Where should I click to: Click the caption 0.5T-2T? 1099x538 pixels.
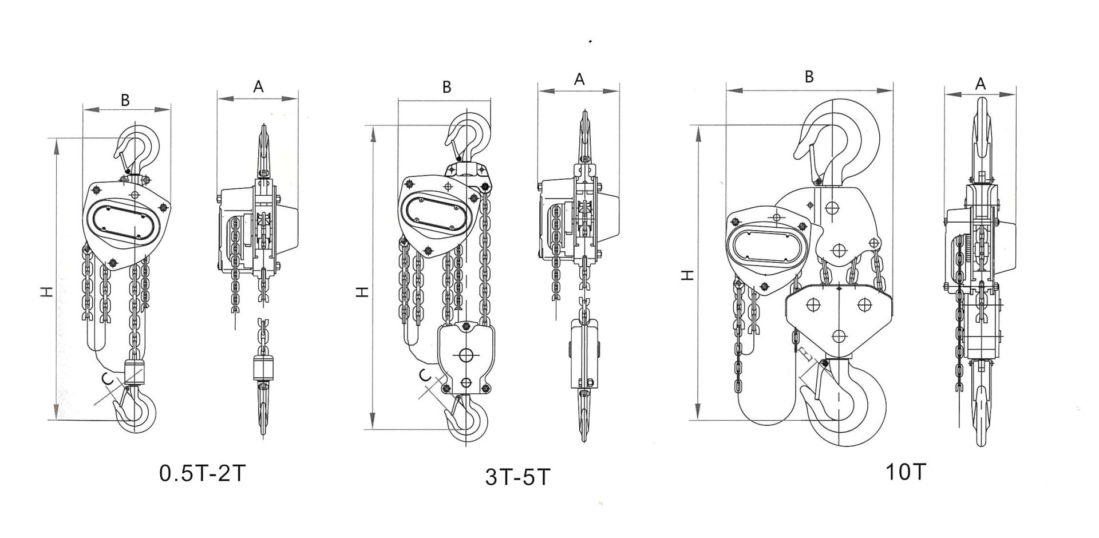point(203,473)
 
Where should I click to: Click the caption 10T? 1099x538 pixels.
point(906,471)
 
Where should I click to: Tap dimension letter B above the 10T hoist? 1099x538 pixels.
point(809,77)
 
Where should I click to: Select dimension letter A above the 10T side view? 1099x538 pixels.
point(981,84)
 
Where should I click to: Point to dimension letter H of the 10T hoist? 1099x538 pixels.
point(689,275)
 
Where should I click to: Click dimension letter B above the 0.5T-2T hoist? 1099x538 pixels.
point(125,100)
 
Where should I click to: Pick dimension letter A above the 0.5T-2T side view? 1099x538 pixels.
point(258,86)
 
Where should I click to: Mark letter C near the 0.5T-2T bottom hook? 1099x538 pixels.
point(106,378)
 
